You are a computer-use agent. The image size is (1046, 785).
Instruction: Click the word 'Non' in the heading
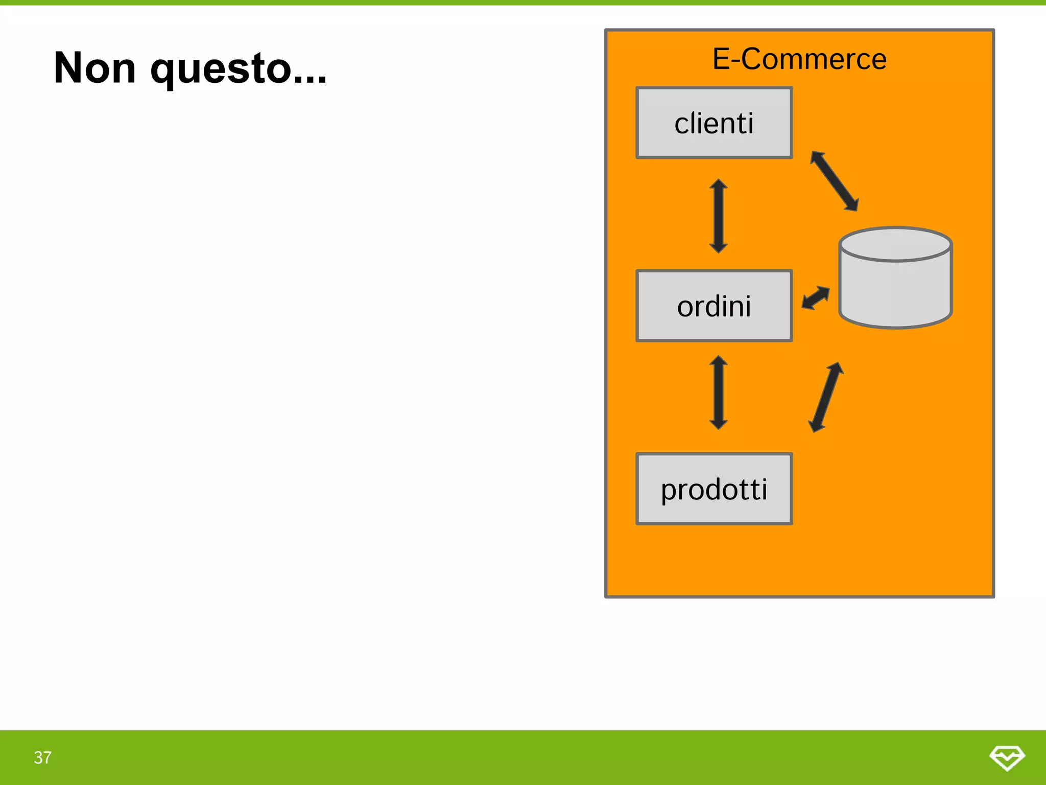[x=95, y=68]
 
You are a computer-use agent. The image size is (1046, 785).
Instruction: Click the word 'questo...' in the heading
[x=239, y=69]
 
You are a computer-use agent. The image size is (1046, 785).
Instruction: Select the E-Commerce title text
[x=799, y=59]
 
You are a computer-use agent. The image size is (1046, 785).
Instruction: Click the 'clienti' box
[x=714, y=123]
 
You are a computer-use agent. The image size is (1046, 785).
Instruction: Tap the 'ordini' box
[x=714, y=306]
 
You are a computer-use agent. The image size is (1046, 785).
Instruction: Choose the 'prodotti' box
[x=714, y=489]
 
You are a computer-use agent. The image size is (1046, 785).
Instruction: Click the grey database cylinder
[x=895, y=286]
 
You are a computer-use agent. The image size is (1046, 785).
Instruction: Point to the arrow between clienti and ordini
[x=719, y=216]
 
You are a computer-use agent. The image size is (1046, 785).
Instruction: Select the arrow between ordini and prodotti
[x=719, y=392]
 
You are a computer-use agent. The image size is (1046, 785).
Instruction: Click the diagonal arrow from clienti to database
[x=835, y=181]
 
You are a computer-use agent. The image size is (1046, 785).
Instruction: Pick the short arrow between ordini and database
[x=816, y=297]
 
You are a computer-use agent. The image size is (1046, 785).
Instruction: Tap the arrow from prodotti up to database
[x=825, y=397]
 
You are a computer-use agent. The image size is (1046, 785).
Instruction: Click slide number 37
[x=43, y=757]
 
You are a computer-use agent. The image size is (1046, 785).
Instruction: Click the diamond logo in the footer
[x=1007, y=757]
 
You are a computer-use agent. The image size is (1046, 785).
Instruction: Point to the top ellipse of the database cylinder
[x=895, y=245]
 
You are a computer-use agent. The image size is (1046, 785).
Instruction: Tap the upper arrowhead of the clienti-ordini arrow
[x=719, y=185]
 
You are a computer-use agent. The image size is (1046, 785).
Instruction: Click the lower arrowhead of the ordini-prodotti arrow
[x=719, y=423]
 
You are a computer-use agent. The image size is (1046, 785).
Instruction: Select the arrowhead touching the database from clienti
[x=852, y=205]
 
